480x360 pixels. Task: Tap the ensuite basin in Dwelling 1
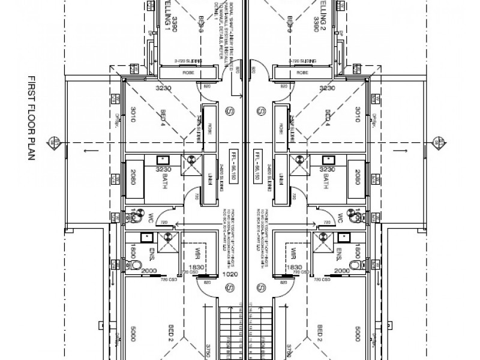point(145,236)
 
